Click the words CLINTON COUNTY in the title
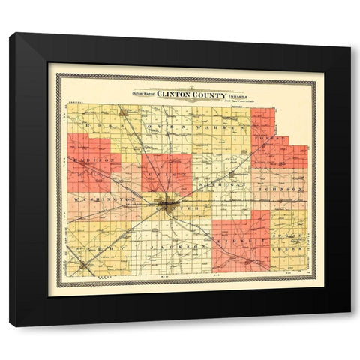coord(190,94)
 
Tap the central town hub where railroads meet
coord(168,203)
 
